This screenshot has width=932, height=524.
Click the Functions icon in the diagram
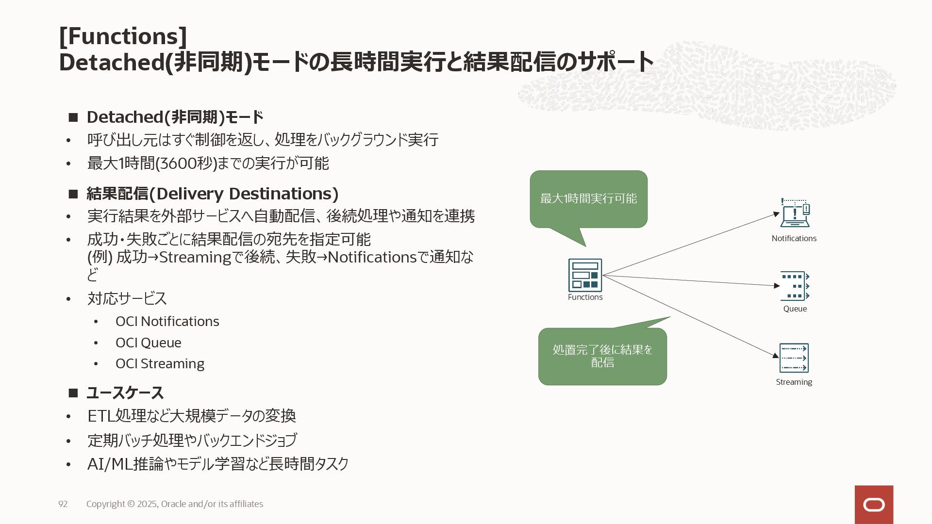(585, 275)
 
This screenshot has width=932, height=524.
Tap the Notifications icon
(795, 213)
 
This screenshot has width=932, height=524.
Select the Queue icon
(795, 286)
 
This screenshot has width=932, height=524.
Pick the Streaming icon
(794, 358)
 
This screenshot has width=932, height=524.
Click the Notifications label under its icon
(794, 238)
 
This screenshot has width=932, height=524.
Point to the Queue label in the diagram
(795, 309)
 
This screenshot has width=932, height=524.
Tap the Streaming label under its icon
(794, 382)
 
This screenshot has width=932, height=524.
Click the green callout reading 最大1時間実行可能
(588, 199)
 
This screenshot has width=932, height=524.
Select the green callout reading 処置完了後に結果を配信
(602, 357)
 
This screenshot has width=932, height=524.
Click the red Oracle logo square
(874, 505)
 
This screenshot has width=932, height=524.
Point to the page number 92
(63, 504)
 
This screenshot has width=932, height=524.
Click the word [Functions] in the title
(123, 36)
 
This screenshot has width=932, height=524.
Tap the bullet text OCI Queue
(148, 343)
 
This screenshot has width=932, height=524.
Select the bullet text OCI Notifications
(167, 321)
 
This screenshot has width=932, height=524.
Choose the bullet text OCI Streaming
(160, 363)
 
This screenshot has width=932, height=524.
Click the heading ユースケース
(125, 393)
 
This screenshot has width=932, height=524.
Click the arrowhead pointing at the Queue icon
(777, 286)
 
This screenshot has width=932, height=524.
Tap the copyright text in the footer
(175, 504)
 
